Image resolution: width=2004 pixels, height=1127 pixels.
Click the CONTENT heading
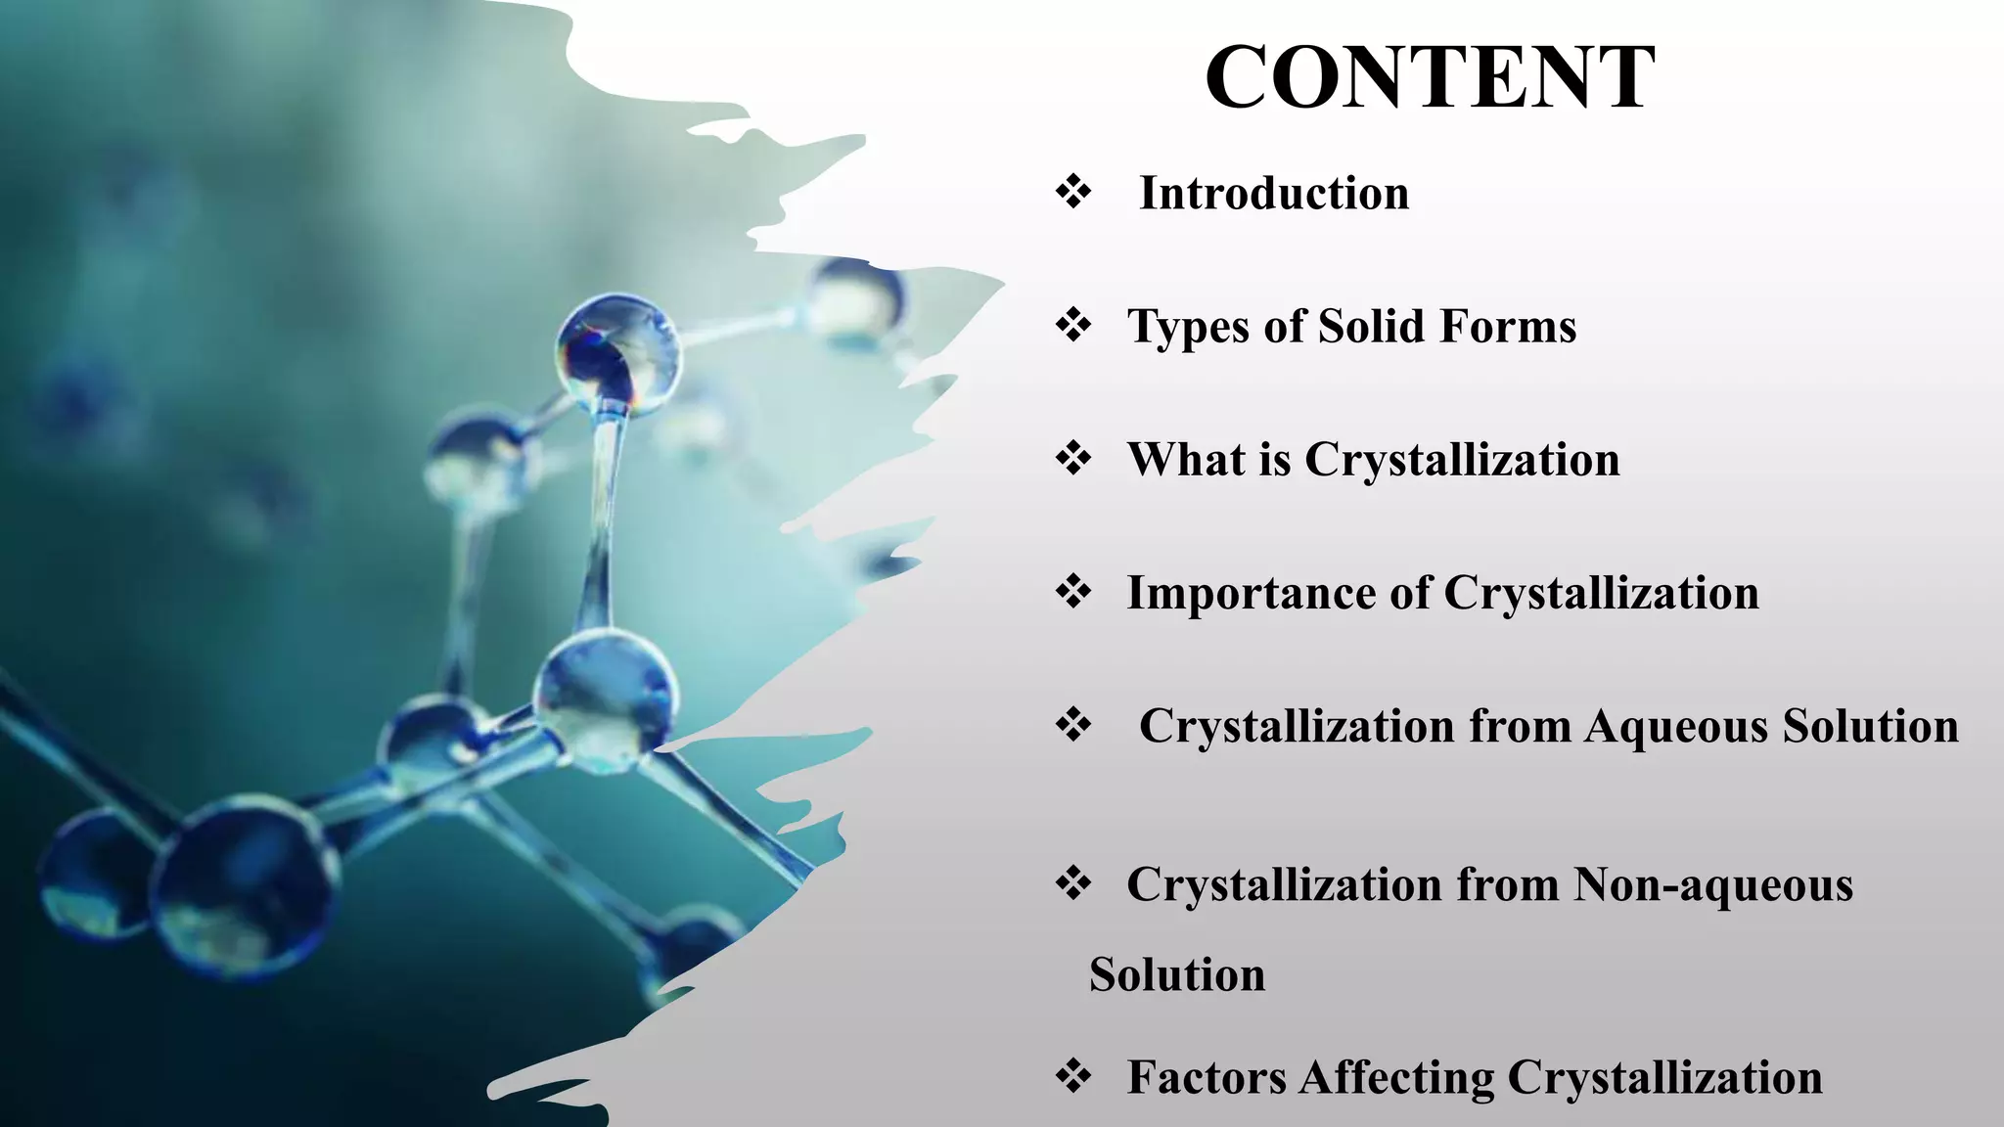[1430, 78]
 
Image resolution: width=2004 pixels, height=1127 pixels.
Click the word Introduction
[1274, 193]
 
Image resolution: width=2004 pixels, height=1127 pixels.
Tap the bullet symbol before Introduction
[1073, 192]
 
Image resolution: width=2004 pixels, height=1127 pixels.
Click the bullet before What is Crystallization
[1073, 458]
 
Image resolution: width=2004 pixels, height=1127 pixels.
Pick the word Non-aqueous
[1712, 884]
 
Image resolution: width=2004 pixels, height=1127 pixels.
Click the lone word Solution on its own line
[1177, 974]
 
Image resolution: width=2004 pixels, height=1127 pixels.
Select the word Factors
[1206, 1077]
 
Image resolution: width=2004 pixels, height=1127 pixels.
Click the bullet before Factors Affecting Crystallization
[1073, 1076]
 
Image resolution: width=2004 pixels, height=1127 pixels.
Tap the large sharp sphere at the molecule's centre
[606, 699]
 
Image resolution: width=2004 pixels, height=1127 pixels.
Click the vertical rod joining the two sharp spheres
[602, 518]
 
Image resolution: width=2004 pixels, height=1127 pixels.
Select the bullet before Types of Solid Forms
[1073, 325]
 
